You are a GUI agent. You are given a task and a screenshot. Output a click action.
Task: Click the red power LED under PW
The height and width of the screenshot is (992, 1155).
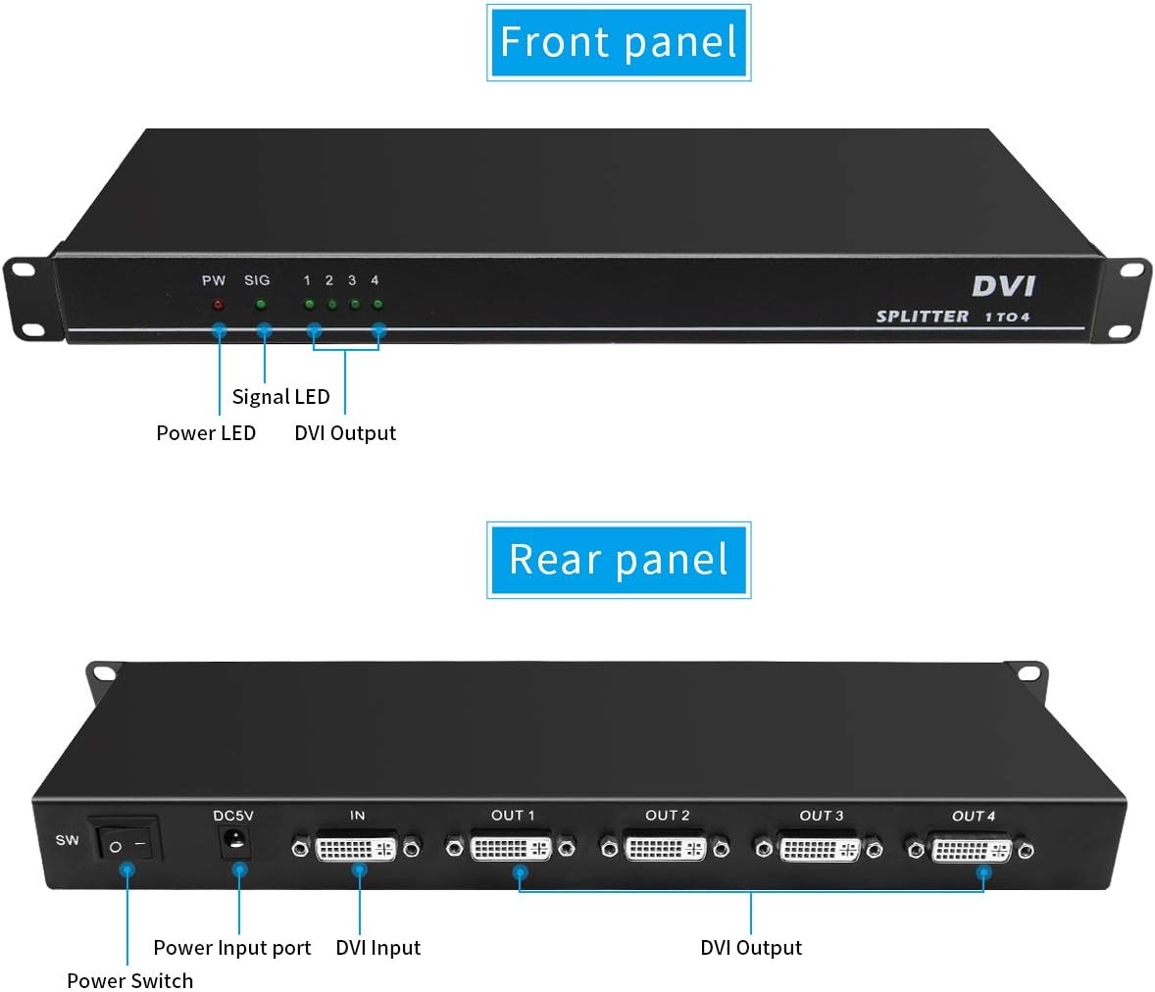218,304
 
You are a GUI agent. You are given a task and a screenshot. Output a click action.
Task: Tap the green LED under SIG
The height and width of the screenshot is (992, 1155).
261,304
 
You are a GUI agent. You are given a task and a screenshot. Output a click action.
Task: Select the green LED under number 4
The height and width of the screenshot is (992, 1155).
377,304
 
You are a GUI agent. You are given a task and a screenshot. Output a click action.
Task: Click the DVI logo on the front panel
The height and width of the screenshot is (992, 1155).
1003,286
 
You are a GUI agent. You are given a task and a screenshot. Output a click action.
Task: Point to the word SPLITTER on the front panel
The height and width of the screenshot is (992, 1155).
923,317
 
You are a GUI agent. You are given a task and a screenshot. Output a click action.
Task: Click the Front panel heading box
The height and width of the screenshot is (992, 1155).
619,42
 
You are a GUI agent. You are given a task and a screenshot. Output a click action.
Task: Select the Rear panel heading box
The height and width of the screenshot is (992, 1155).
619,560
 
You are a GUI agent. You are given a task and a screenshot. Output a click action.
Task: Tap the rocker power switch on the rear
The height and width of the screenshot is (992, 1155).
126,839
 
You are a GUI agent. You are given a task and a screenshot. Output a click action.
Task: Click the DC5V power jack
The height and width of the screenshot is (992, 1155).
235,842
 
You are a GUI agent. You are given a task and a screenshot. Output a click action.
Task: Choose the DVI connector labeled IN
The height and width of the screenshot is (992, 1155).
356,848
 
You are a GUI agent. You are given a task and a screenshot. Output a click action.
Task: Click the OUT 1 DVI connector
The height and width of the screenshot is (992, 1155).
511,848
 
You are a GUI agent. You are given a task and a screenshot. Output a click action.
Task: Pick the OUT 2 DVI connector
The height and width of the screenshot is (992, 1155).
665,848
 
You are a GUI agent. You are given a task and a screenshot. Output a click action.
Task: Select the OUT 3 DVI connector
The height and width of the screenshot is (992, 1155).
819,849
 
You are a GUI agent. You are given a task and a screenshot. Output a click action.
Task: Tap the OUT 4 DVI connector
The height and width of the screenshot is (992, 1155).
971,850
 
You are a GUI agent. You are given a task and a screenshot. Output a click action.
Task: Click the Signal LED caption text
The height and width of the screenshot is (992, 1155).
280,397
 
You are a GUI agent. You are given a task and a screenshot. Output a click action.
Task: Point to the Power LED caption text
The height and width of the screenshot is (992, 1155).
206,432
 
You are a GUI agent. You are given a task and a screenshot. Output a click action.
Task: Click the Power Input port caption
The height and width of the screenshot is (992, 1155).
232,948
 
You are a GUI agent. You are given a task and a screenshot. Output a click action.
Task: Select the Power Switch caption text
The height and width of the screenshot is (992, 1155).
130,981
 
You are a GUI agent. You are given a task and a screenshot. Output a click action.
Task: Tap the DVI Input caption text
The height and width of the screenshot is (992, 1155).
377,948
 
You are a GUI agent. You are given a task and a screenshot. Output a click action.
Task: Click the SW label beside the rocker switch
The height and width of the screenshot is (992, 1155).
67,839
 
